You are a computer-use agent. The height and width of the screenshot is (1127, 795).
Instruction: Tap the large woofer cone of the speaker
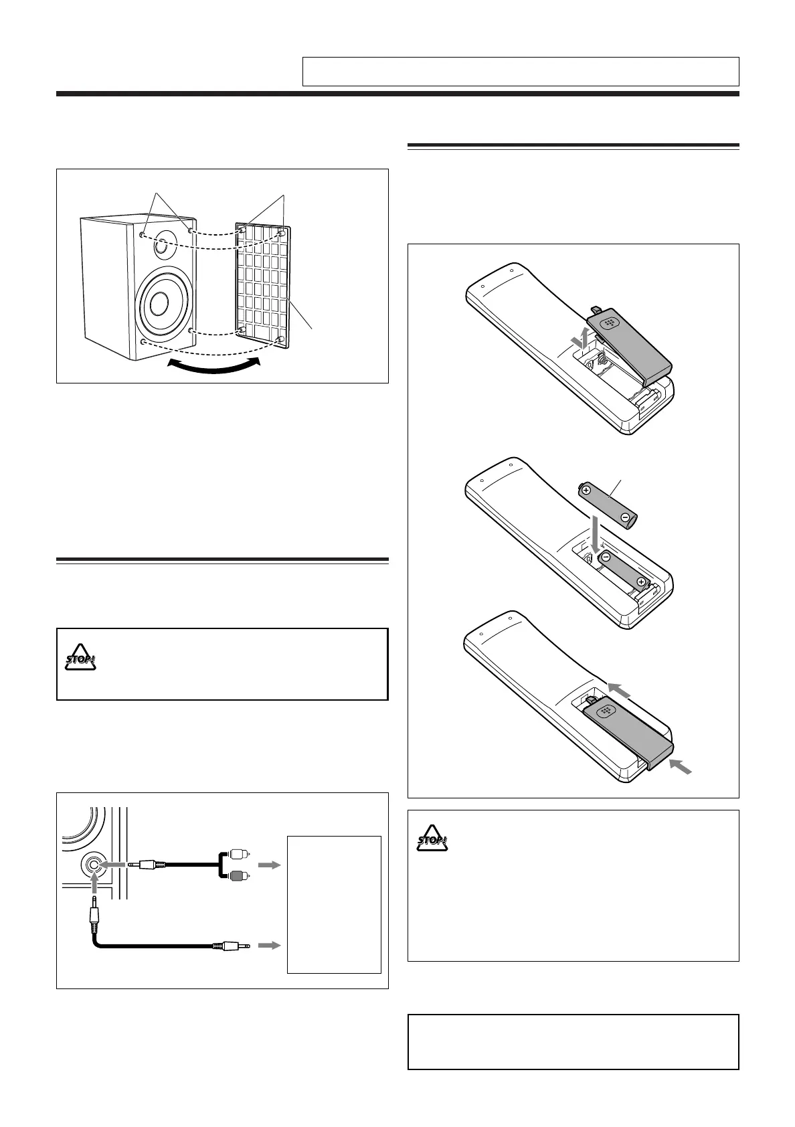(159, 305)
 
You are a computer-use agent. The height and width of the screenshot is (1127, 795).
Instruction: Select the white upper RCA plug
(238, 854)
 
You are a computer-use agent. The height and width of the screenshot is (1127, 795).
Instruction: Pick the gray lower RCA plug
(238, 875)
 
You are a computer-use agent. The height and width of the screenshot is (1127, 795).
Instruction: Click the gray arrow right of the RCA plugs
(267, 865)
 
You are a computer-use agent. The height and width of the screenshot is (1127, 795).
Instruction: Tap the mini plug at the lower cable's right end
(231, 946)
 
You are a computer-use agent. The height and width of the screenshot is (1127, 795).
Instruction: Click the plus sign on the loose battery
(587, 491)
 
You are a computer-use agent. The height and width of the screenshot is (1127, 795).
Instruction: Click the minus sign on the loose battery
(624, 517)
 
